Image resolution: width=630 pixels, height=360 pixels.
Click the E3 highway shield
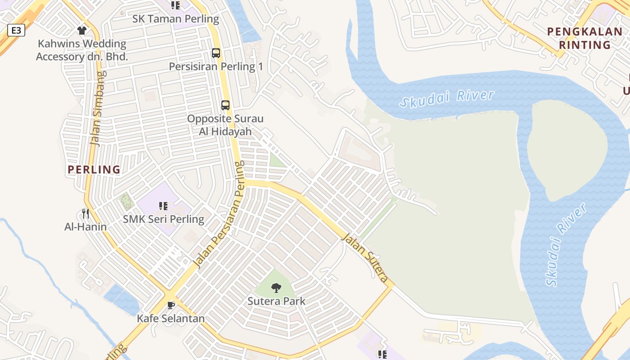pos(16,30)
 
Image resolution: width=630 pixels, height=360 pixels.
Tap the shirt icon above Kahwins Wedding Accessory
pos(81,31)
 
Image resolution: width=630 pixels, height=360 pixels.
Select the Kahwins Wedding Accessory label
pos(82,50)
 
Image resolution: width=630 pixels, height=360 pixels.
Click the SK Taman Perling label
pos(175,19)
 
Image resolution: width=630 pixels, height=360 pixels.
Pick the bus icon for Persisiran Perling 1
pos(216,53)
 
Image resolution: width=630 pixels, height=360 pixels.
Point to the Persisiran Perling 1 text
pos(216,67)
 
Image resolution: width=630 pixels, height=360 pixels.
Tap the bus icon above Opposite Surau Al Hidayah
pos(225,105)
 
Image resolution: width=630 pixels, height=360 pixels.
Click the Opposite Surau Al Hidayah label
pos(225,125)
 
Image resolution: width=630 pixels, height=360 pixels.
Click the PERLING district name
pos(94,170)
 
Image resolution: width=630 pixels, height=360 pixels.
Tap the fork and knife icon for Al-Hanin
pos(85,214)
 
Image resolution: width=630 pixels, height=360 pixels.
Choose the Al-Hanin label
pos(85,226)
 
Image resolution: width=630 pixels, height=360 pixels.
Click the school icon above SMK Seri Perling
pos(163,206)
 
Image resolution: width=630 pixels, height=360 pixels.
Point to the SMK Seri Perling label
pos(164,220)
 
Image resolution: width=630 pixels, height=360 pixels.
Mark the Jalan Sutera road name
pos(364,257)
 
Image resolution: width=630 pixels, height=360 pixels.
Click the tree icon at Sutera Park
pos(276,288)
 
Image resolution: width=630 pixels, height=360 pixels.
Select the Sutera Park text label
pos(276,301)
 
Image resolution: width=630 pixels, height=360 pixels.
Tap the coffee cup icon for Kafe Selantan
pos(171,305)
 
